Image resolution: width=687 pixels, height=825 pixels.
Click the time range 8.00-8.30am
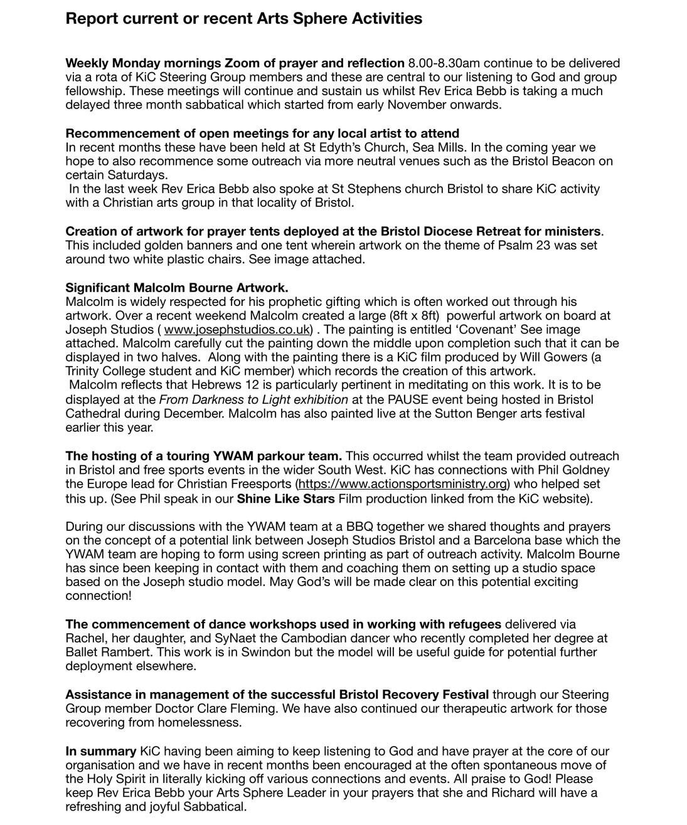point(444,63)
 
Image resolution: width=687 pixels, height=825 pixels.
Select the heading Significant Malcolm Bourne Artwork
point(177,288)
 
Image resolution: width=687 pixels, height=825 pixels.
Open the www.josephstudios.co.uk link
point(237,330)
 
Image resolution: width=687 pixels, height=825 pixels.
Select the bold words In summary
point(100,751)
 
